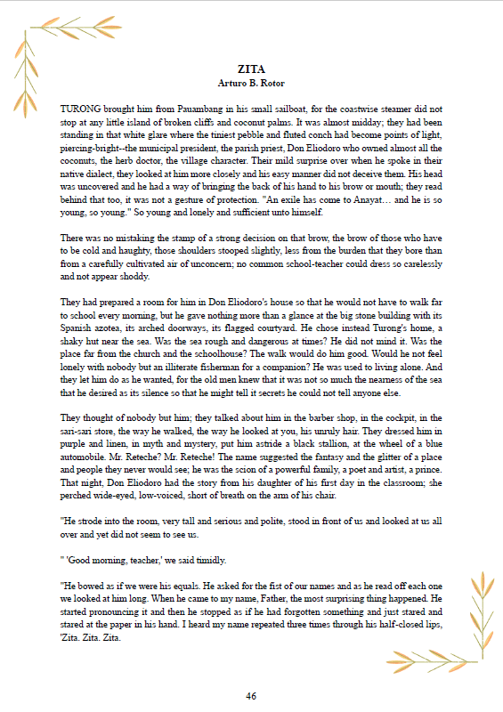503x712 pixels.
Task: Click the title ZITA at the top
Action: pyautogui.click(x=251, y=69)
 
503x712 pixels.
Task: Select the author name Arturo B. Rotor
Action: pyautogui.click(x=251, y=83)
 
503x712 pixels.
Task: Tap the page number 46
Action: pyautogui.click(x=251, y=695)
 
